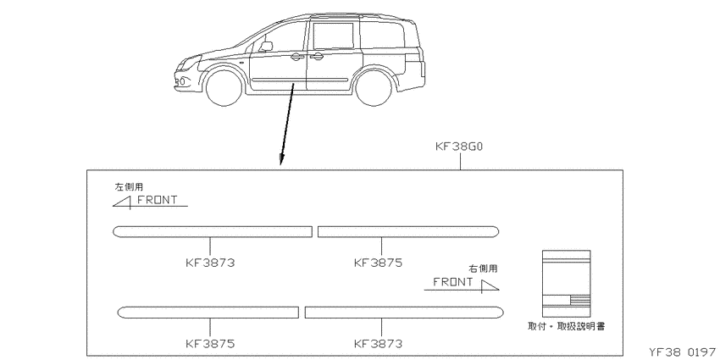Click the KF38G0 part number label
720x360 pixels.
459,147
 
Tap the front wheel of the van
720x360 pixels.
224,88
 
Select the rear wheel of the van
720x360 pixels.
374,88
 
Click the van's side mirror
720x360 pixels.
265,47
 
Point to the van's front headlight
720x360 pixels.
191,61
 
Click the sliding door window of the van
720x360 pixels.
334,36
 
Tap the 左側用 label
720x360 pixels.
129,187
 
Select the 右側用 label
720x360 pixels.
483,269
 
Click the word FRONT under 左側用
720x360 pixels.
157,200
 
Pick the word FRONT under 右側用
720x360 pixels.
453,282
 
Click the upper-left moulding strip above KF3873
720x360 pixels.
213,232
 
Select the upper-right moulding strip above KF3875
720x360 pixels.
408,232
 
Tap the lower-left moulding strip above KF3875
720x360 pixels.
208,313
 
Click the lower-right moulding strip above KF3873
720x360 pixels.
404,313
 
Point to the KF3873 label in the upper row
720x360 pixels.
210,263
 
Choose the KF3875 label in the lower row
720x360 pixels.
210,343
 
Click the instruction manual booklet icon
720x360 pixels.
566,283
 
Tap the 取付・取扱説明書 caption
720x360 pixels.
566,326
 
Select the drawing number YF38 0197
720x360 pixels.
683,352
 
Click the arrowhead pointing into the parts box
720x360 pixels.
281,159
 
